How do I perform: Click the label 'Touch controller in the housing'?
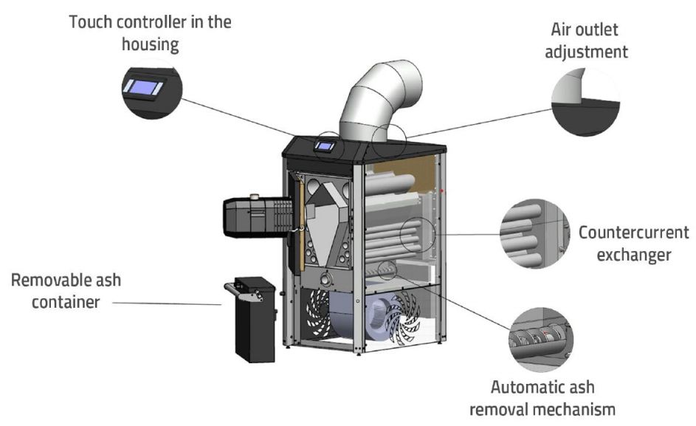click(150, 32)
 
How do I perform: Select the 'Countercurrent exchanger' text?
click(633, 244)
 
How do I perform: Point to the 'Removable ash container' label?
click(66, 291)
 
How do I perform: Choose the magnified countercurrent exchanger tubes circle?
click(534, 236)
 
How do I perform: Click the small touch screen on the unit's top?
click(323, 145)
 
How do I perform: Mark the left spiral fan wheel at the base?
click(324, 314)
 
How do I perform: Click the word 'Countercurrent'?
click(633, 233)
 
